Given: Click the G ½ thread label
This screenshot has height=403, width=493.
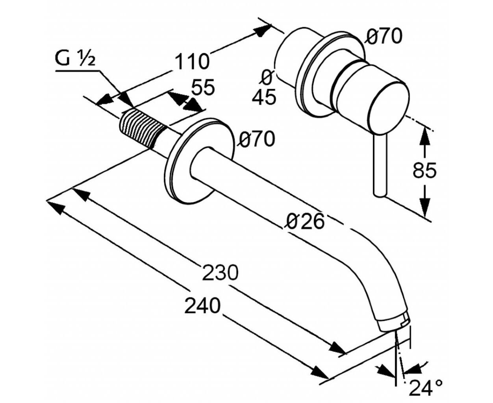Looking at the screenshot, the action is click(75, 59).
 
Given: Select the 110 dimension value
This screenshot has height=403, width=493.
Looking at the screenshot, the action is click(191, 61).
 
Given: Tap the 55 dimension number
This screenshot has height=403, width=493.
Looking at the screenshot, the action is click(203, 87).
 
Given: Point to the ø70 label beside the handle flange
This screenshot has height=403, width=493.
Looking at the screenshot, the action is click(384, 36).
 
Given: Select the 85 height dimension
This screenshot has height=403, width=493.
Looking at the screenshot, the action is click(424, 170).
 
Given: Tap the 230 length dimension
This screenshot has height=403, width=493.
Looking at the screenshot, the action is click(220, 272).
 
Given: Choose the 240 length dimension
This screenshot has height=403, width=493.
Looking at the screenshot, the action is click(202, 305).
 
